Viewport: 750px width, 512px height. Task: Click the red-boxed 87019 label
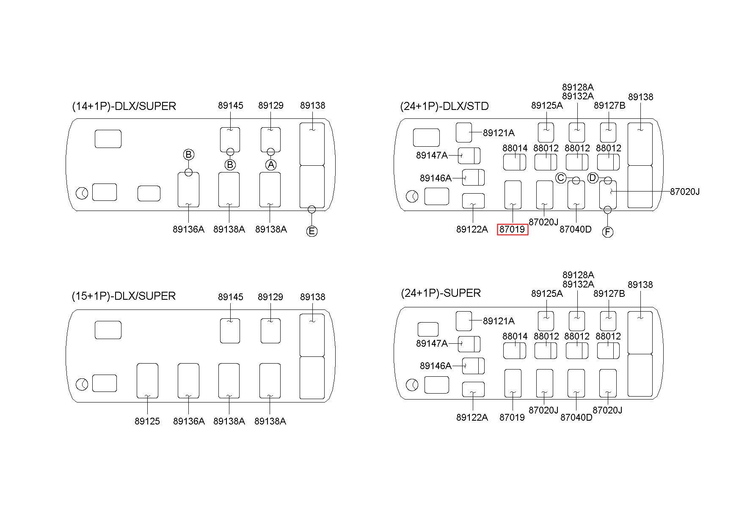click(512, 230)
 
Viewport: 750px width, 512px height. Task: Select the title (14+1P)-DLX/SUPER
click(124, 106)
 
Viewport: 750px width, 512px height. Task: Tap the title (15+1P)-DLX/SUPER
click(124, 296)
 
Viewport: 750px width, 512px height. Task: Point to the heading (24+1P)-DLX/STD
click(444, 106)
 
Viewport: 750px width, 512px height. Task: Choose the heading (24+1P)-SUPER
click(441, 293)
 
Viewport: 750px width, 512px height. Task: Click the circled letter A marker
click(271, 164)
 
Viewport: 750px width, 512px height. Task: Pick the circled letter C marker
click(561, 178)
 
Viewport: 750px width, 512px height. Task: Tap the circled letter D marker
click(593, 178)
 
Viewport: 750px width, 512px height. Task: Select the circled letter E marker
click(312, 231)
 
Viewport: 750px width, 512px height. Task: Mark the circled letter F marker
click(607, 232)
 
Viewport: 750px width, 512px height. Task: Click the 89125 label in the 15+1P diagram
click(147, 422)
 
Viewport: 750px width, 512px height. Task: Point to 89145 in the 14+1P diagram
click(231, 106)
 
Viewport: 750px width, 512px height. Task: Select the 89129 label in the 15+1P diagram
click(270, 297)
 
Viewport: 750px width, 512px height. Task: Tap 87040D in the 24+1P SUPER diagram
click(576, 418)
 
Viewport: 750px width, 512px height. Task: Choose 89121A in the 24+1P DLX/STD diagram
click(499, 133)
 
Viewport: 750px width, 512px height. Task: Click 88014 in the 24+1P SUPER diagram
click(515, 337)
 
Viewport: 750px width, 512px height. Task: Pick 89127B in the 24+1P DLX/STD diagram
click(609, 106)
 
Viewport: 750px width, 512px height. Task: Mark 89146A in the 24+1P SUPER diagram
click(436, 366)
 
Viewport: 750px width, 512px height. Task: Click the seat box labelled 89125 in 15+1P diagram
click(147, 381)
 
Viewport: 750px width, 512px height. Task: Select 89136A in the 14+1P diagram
click(188, 230)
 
